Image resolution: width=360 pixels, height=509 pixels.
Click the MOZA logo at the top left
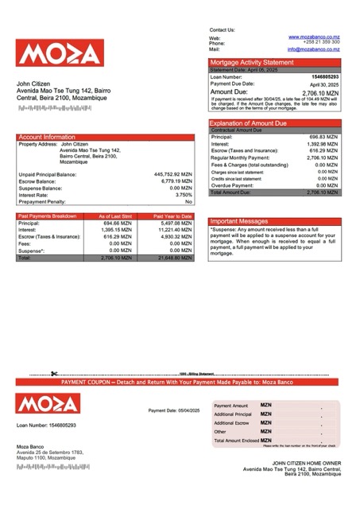tap(60, 53)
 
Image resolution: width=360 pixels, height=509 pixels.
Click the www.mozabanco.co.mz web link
tap(314, 37)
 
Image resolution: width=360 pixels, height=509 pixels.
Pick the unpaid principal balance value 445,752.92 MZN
tap(172, 173)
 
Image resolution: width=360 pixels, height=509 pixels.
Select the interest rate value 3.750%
tap(184, 195)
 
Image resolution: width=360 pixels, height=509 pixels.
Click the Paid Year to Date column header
tap(172, 216)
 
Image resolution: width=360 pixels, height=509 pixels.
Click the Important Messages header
tap(245, 222)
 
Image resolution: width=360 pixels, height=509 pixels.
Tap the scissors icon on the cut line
tap(54, 374)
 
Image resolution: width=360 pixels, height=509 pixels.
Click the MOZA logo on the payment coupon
tap(60, 403)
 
